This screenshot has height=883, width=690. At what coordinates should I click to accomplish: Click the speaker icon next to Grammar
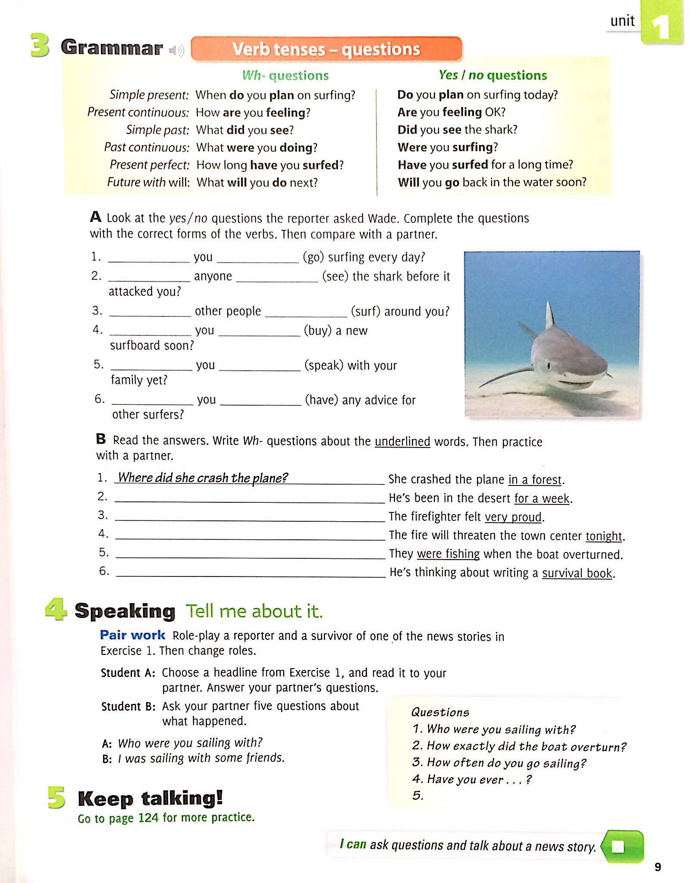pos(176,51)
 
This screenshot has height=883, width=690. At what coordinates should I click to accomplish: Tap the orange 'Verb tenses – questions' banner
pos(326,49)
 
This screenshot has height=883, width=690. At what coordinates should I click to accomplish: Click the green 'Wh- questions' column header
pos(285,76)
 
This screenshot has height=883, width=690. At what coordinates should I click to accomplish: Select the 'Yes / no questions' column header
pos(492,75)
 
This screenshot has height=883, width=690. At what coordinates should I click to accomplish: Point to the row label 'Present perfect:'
pos(149,165)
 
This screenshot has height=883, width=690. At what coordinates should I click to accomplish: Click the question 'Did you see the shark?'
pos(457,130)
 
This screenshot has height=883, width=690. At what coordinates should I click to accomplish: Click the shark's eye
pos(548,366)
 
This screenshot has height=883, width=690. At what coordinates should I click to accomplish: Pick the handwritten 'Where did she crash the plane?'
pos(203,478)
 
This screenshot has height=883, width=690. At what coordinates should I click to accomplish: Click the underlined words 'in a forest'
pos(535,480)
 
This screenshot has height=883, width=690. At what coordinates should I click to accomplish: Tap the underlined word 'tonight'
pos(604,536)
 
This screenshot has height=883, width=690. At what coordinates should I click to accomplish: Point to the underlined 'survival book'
pos(577,573)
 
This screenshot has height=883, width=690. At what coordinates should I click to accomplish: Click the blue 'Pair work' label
pos(132,635)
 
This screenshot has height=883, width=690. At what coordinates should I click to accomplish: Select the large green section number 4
pos(56,611)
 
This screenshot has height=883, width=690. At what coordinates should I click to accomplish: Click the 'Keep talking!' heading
pos(150,798)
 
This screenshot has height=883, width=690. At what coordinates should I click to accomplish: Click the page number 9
pos(657,867)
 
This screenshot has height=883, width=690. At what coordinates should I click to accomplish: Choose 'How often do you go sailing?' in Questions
pos(499,763)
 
